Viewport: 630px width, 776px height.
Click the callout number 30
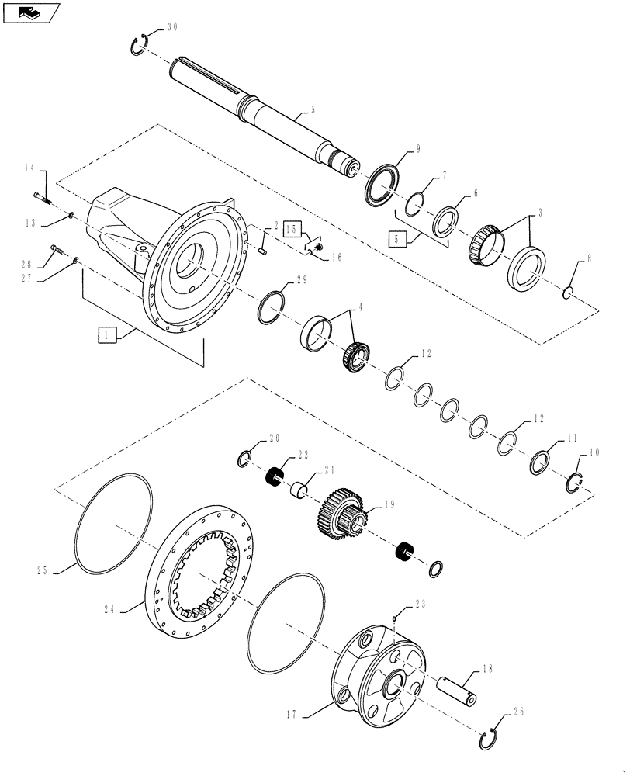tap(172, 26)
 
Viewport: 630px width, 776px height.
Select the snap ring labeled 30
tap(139, 46)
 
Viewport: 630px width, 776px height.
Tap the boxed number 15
tap(292, 230)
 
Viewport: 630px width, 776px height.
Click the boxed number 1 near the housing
tap(106, 335)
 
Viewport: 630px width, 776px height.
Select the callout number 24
tap(109, 610)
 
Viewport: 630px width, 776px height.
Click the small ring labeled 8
tap(568, 293)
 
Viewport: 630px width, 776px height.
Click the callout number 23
tap(420, 603)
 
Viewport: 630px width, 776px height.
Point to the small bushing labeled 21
tap(299, 491)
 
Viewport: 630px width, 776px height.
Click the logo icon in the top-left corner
tap(31, 12)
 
